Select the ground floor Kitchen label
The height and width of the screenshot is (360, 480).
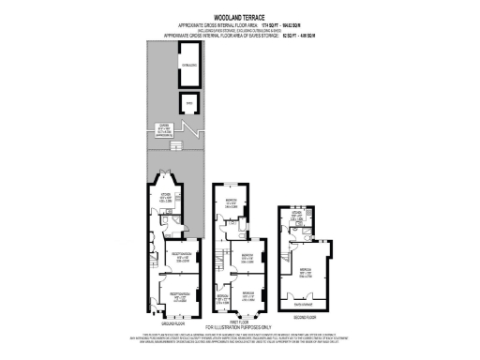pyautogui.click(x=166, y=199)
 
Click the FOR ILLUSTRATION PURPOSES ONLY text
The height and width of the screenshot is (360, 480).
pyautogui.click(x=239, y=327)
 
